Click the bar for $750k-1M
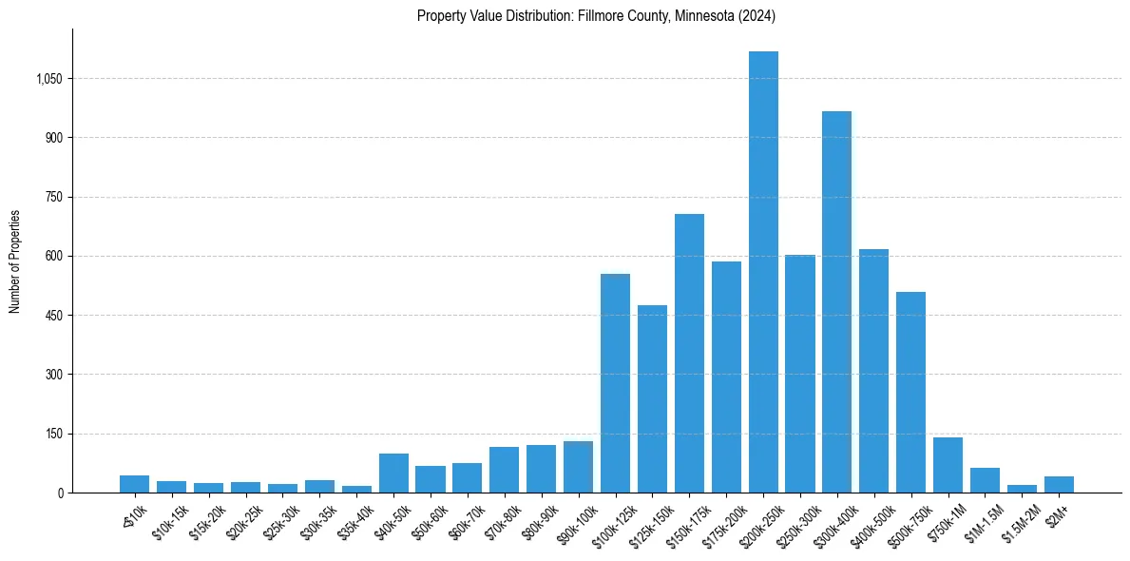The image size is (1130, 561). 948,465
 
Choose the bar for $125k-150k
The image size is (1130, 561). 652,399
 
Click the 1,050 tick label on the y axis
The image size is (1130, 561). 48,79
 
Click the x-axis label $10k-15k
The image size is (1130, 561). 170,520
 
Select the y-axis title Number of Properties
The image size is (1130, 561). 15,261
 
